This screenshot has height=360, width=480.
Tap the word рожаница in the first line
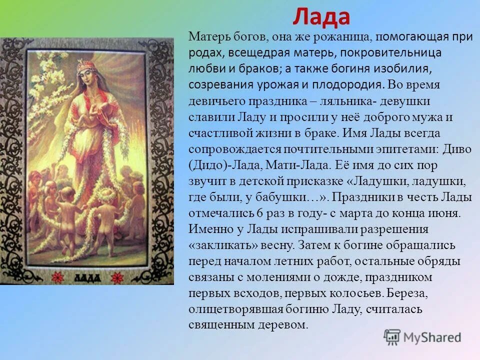click(x=347, y=36)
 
